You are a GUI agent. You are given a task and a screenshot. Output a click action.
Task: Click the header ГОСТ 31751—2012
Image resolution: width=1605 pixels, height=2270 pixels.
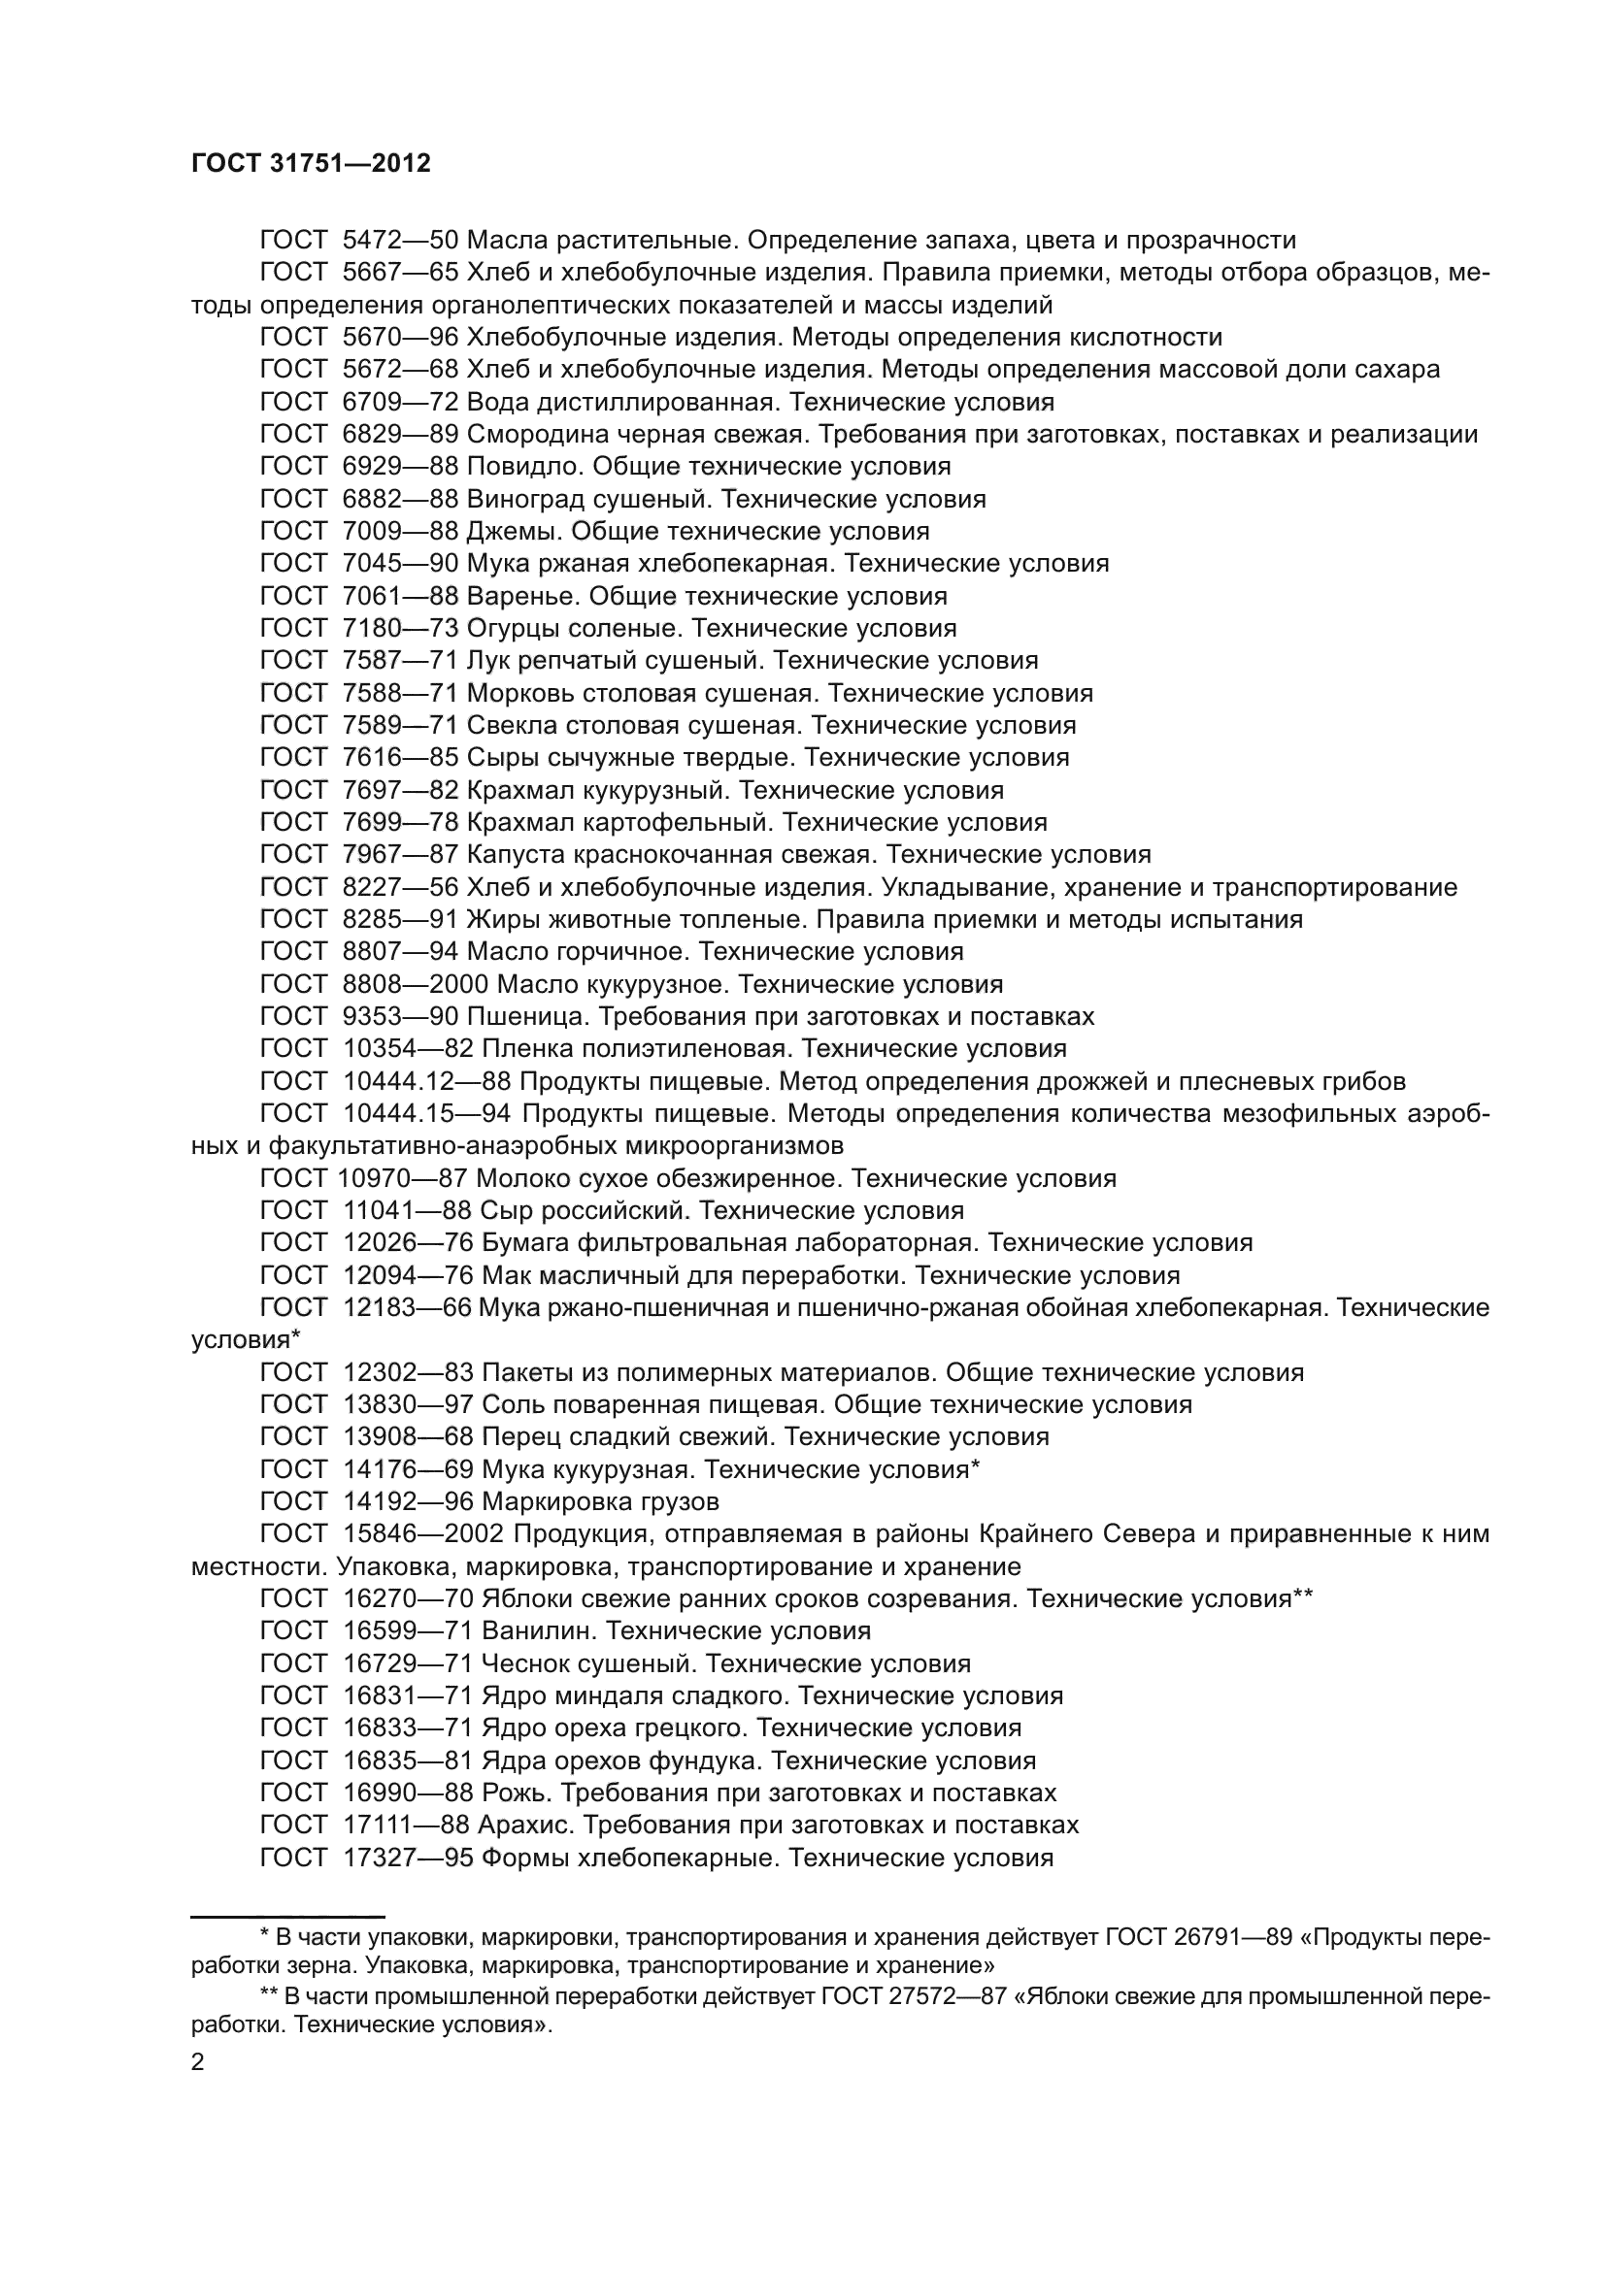[311, 164]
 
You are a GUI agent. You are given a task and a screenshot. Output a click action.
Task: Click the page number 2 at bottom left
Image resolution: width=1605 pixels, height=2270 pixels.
[198, 2063]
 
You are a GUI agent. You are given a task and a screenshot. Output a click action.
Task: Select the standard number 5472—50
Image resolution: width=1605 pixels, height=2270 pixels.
[400, 241]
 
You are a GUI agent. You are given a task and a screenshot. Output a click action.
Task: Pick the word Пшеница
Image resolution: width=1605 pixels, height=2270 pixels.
[529, 1017]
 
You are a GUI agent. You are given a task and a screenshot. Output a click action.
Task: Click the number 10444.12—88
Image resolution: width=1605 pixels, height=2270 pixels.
[427, 1081]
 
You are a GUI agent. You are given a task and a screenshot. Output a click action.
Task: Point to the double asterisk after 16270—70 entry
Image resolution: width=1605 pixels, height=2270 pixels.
[1302, 1595]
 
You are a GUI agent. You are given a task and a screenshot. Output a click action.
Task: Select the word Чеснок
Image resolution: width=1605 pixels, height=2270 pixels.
[520, 1664]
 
